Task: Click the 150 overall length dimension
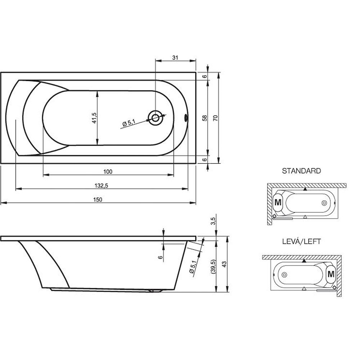click(98, 199)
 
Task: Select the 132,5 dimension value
click(101, 185)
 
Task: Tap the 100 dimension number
click(108, 171)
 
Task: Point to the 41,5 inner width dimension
click(94, 118)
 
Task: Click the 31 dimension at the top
click(175, 58)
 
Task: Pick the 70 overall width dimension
click(215, 118)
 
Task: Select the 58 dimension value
click(204, 118)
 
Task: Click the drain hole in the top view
click(155, 118)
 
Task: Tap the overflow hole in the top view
click(186, 118)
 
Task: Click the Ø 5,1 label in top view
click(129, 123)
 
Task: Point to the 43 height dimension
click(224, 264)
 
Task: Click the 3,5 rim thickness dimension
click(213, 221)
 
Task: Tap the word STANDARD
click(301, 171)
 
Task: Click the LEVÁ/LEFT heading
click(301, 241)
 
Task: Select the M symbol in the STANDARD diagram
click(278, 202)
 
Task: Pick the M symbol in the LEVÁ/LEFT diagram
click(331, 274)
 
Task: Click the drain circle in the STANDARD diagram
click(324, 203)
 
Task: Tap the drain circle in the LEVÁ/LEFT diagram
click(284, 275)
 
